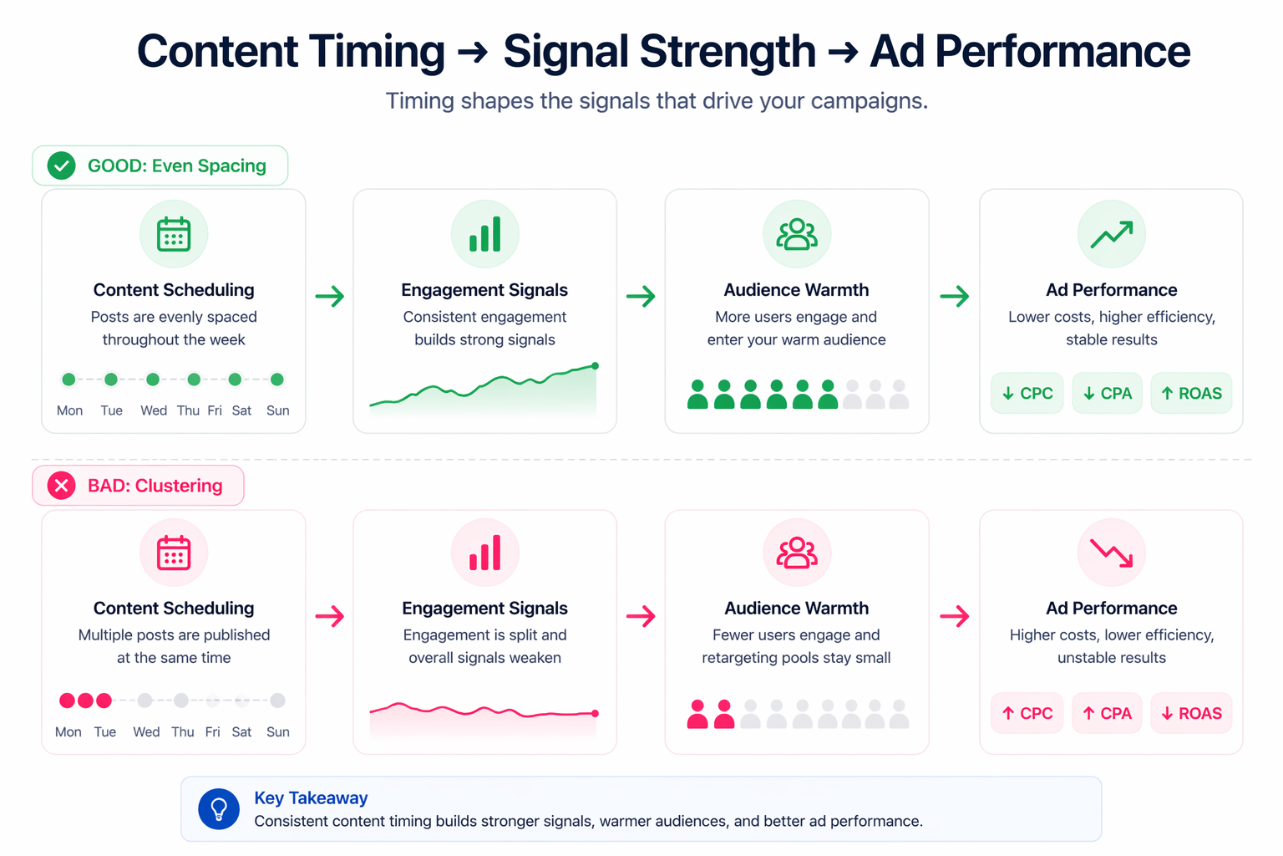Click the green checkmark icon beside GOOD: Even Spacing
tap(61, 166)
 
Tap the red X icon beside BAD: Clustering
tap(61, 486)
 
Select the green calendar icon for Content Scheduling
tap(174, 234)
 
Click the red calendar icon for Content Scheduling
tap(174, 553)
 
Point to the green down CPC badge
tap(1027, 393)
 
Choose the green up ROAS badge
tap(1191, 393)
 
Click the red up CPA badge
tap(1107, 713)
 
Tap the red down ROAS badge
tap(1191, 713)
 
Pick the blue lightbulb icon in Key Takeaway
tap(219, 809)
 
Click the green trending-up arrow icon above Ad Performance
tap(1111, 234)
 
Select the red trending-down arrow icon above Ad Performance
tap(1111, 553)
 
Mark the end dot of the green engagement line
tap(596, 366)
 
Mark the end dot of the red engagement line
tap(596, 713)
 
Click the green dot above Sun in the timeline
tap(277, 380)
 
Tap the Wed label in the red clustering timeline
tap(146, 732)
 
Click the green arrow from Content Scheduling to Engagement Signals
tap(330, 296)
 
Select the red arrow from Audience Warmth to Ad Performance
tap(954, 617)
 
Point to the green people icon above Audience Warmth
tap(797, 234)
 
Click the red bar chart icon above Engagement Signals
tap(485, 553)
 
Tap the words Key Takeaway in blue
tap(311, 798)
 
